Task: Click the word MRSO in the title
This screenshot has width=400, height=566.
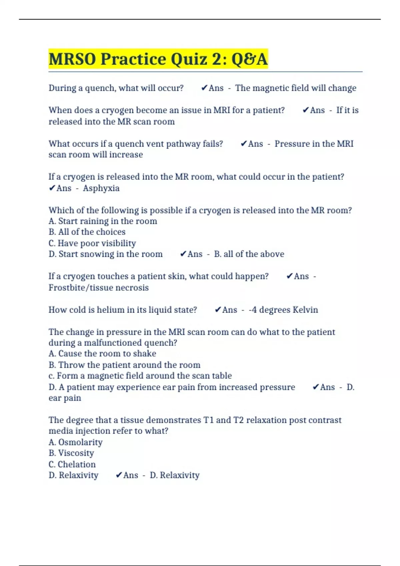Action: (x=73, y=59)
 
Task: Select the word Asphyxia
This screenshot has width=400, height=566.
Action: (x=101, y=188)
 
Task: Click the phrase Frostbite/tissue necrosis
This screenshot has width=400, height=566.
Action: (x=99, y=287)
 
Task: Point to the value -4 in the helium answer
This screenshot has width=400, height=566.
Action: (x=253, y=310)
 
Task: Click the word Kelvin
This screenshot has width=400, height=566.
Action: (x=305, y=310)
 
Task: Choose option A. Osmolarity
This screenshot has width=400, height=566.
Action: (x=76, y=442)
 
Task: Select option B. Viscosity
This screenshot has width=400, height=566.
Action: (x=71, y=453)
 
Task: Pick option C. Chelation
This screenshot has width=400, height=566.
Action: (x=72, y=464)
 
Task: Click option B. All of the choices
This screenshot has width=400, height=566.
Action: (x=87, y=232)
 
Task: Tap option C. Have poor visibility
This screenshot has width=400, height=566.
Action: (x=92, y=243)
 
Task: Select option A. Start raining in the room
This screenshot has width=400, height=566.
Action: (x=103, y=221)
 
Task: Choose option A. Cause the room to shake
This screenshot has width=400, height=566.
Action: (x=102, y=353)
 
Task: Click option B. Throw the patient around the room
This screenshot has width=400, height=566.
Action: (x=124, y=365)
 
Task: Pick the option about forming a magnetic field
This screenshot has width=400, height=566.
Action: (x=140, y=376)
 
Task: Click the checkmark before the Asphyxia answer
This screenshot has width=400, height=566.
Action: (x=52, y=188)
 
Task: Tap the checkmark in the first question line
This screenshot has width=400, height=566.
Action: (x=204, y=88)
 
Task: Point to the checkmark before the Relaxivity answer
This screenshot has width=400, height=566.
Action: (x=119, y=475)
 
